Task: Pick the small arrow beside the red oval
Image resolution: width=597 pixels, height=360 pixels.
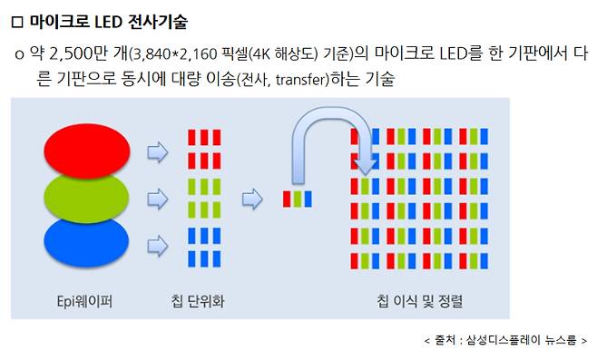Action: point(158,151)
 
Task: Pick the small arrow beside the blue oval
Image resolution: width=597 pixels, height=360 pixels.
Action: point(158,243)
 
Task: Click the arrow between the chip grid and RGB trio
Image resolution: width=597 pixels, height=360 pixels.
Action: point(251,197)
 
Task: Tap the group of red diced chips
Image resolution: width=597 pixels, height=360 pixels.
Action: point(203,150)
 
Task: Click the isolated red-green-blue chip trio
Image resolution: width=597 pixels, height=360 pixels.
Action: point(298,197)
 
